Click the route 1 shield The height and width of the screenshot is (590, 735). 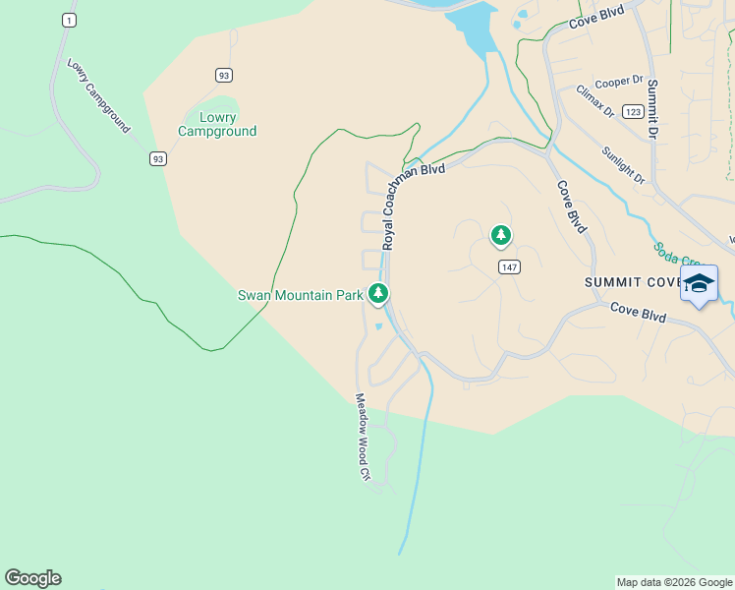[x=68, y=20]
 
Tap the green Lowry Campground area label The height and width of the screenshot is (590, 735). [x=217, y=124]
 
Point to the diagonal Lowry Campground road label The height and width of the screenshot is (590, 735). [x=98, y=95]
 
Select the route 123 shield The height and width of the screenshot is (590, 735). [x=633, y=112]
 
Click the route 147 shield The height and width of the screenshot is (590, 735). [x=508, y=267]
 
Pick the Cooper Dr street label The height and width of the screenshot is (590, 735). [x=618, y=82]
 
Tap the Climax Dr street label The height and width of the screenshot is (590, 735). [x=594, y=102]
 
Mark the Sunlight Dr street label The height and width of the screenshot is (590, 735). [x=623, y=166]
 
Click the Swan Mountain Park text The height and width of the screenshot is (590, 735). [x=301, y=295]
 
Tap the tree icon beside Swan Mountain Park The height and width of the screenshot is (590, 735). [x=378, y=293]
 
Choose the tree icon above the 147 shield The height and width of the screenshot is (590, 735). [x=501, y=235]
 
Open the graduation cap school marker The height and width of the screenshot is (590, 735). [x=699, y=284]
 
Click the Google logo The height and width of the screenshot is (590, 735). [x=32, y=578]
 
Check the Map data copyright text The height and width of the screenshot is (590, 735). [x=673, y=582]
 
